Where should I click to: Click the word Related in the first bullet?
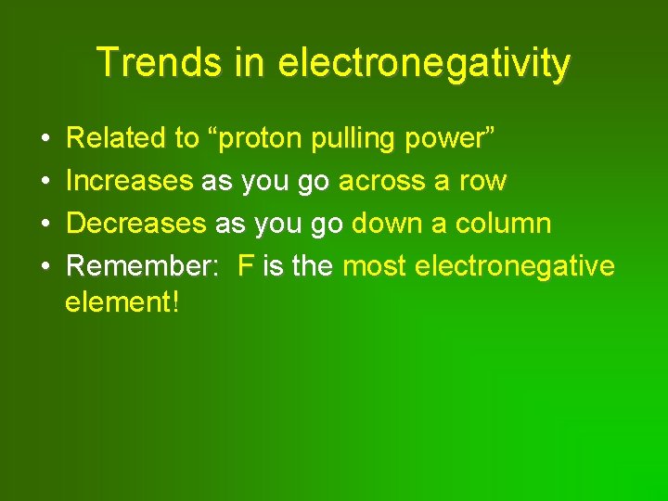coord(117,138)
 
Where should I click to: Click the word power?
coord(453,140)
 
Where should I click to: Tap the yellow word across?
coord(381,181)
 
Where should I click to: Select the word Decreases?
coord(136,224)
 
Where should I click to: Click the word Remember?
coord(144,266)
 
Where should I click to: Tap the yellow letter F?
coord(246,266)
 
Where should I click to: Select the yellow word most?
coord(375,266)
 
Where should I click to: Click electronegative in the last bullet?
coord(515,266)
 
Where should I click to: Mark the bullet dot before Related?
coord(46,139)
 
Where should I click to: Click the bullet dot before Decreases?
coord(46,225)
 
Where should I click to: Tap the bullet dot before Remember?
coord(46,267)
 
